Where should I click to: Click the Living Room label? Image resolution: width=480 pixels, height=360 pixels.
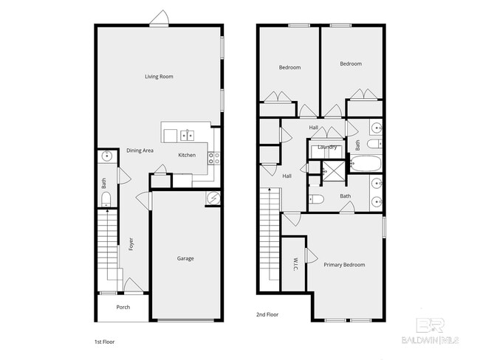point(159,76)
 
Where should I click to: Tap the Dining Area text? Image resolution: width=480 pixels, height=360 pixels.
point(140,150)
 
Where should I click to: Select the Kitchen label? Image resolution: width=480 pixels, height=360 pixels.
point(187,155)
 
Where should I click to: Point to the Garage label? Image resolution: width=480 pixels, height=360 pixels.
point(185,258)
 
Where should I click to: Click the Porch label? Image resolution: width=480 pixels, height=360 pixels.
point(123,307)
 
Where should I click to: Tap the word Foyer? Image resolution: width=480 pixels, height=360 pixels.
point(131,244)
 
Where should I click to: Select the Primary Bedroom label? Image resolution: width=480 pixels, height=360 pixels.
point(344,265)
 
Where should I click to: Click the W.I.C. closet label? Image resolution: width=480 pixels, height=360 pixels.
point(294,263)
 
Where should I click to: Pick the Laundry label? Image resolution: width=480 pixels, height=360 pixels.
point(327,147)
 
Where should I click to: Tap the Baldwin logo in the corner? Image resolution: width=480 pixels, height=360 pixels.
point(430,331)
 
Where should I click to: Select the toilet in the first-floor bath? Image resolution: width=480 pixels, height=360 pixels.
point(105,198)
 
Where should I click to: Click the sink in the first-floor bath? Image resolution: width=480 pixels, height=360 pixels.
point(106,156)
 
